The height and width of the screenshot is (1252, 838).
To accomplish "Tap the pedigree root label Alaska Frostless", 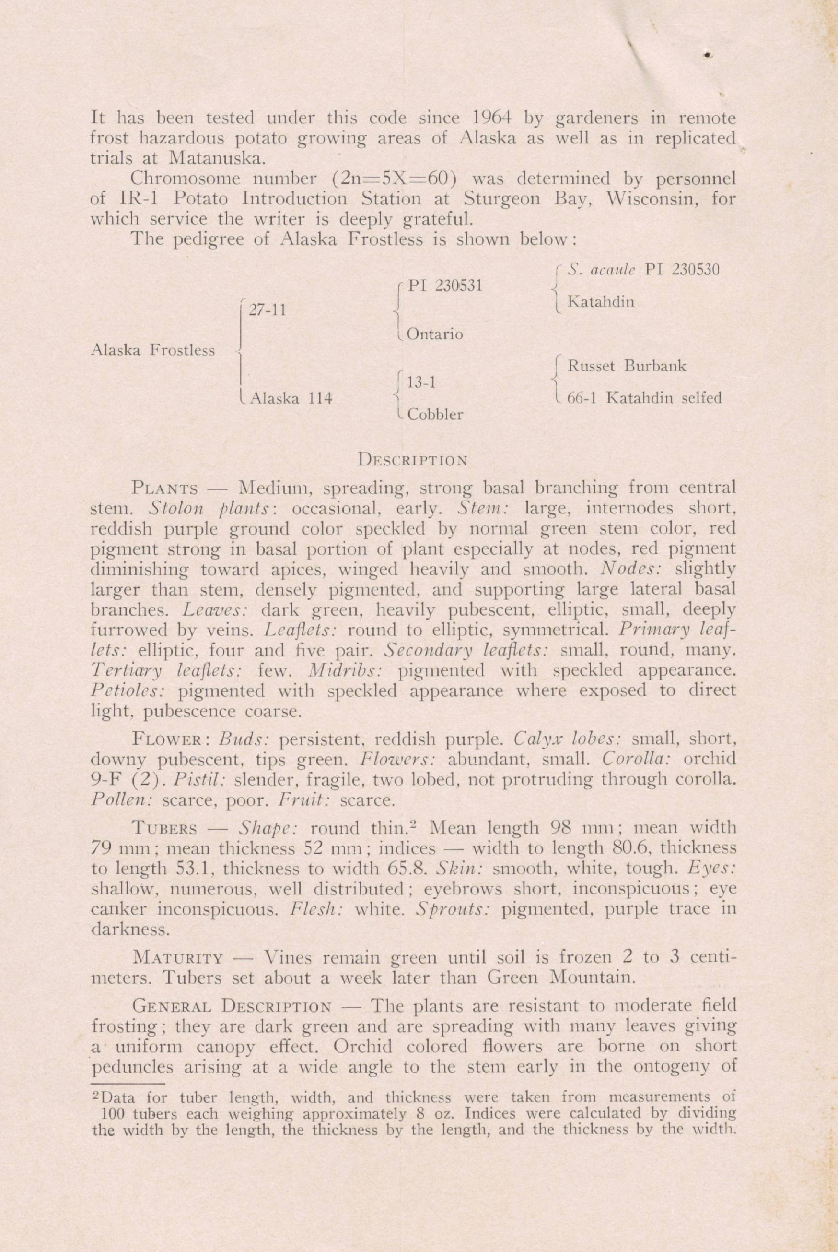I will tap(153, 350).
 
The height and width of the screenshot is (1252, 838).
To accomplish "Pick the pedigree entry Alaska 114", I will tap(292, 398).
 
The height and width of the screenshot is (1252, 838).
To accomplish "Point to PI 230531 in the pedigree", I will tap(445, 286).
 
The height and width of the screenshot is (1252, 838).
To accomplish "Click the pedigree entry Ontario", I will tap(434, 335).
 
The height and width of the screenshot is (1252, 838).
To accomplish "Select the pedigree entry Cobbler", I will tap(434, 415).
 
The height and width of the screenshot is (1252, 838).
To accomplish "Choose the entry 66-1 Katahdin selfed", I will tap(644, 398).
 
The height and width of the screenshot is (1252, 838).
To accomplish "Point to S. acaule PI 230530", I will tap(643, 270).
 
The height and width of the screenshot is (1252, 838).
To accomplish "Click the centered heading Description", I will tap(413, 459).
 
